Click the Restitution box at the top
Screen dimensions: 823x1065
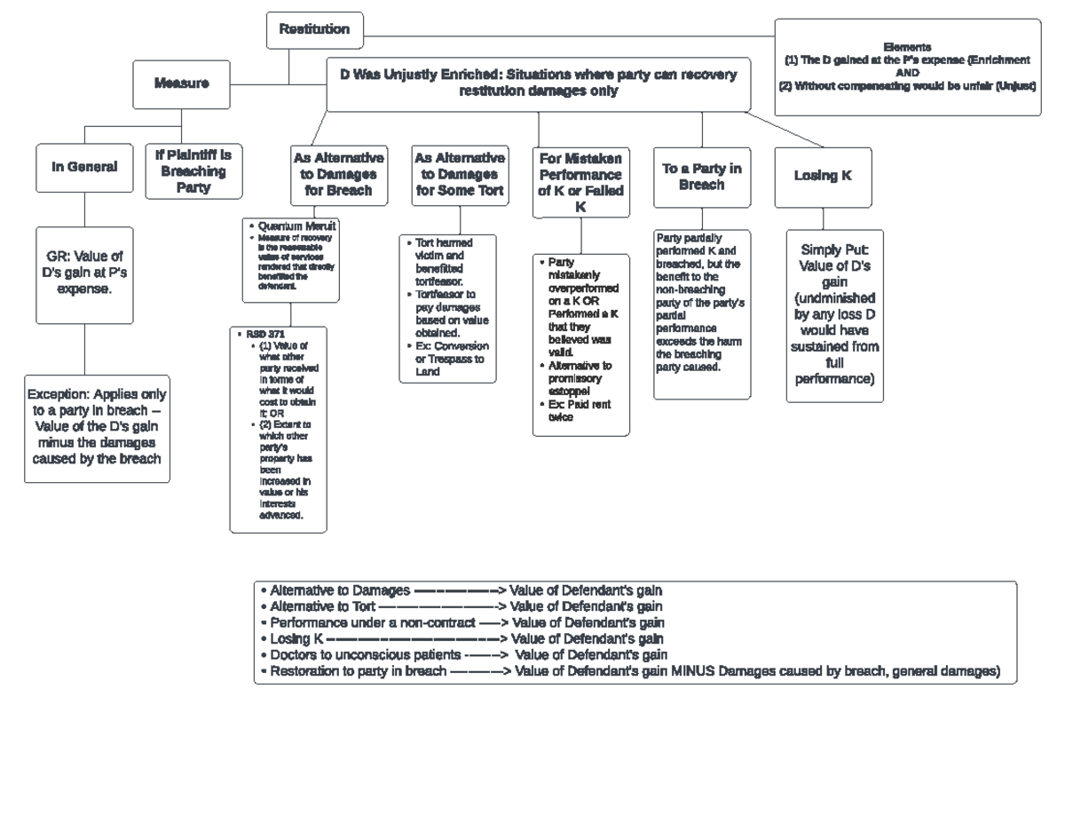314,29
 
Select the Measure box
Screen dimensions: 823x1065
181,83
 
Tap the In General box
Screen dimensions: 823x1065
84,166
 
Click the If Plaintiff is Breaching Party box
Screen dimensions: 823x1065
193,171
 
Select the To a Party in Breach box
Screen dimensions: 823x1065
701,177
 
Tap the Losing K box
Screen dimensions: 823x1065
823,175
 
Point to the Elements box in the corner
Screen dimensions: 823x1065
907,67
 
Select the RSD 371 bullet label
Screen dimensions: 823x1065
265,334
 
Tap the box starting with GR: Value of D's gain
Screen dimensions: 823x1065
85,273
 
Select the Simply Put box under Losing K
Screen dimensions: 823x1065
834,315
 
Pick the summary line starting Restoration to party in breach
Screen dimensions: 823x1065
630,672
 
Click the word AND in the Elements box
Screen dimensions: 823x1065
907,74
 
